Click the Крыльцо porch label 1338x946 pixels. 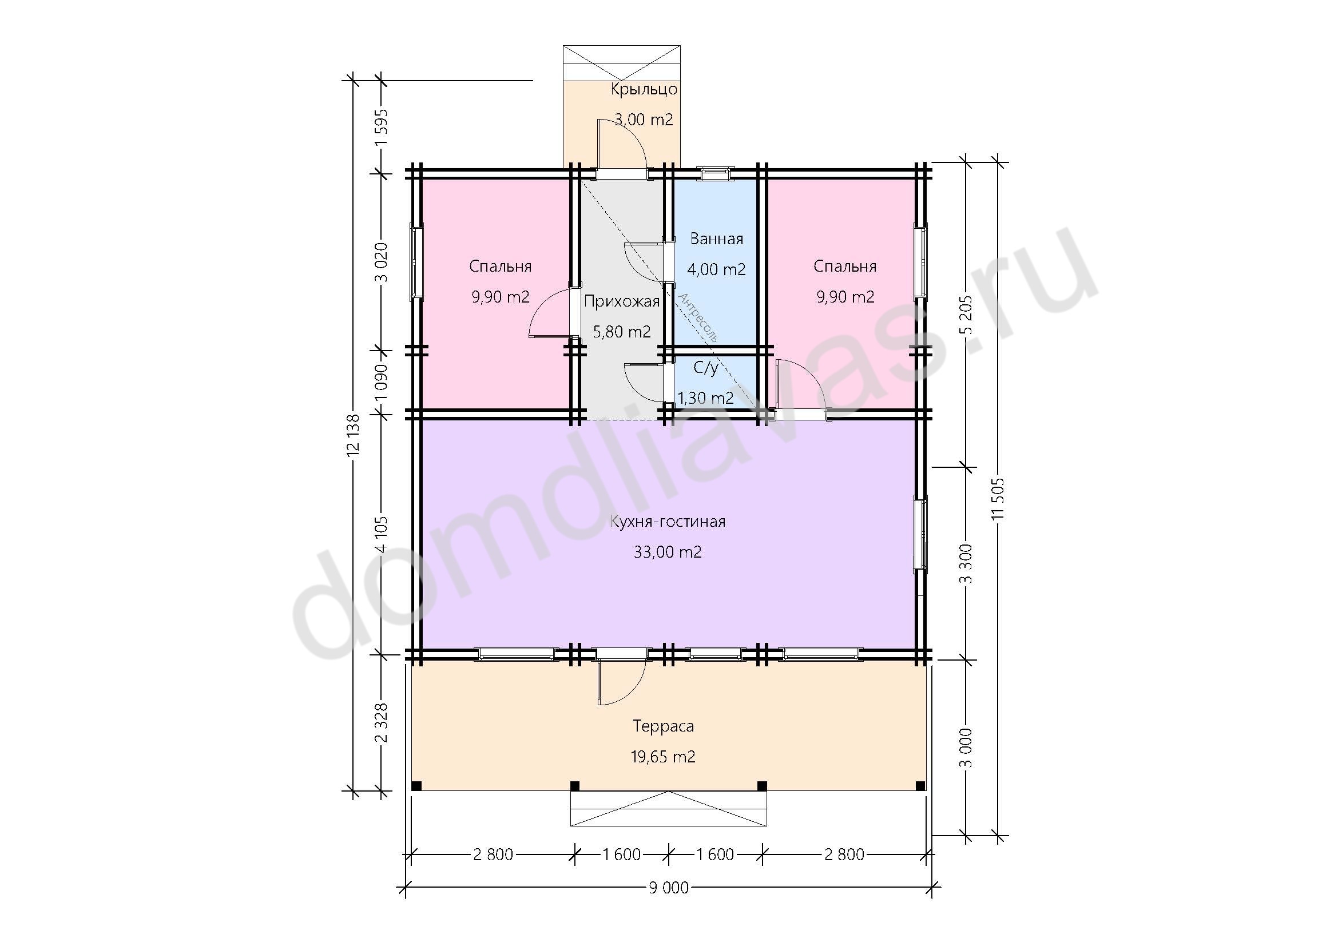point(644,90)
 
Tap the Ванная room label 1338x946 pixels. point(716,239)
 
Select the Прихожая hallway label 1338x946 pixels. point(621,301)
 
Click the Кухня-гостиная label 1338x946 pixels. point(668,521)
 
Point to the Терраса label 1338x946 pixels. point(663,726)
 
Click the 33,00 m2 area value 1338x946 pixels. point(668,551)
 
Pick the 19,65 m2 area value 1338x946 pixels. point(663,757)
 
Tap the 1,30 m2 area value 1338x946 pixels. point(705,398)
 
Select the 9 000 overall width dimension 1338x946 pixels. point(668,888)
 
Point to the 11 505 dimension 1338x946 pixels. point(1000,498)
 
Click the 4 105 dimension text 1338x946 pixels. point(381,534)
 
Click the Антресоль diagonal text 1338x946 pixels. point(697,317)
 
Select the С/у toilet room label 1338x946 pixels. point(705,368)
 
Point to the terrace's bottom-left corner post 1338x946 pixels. point(416,786)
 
